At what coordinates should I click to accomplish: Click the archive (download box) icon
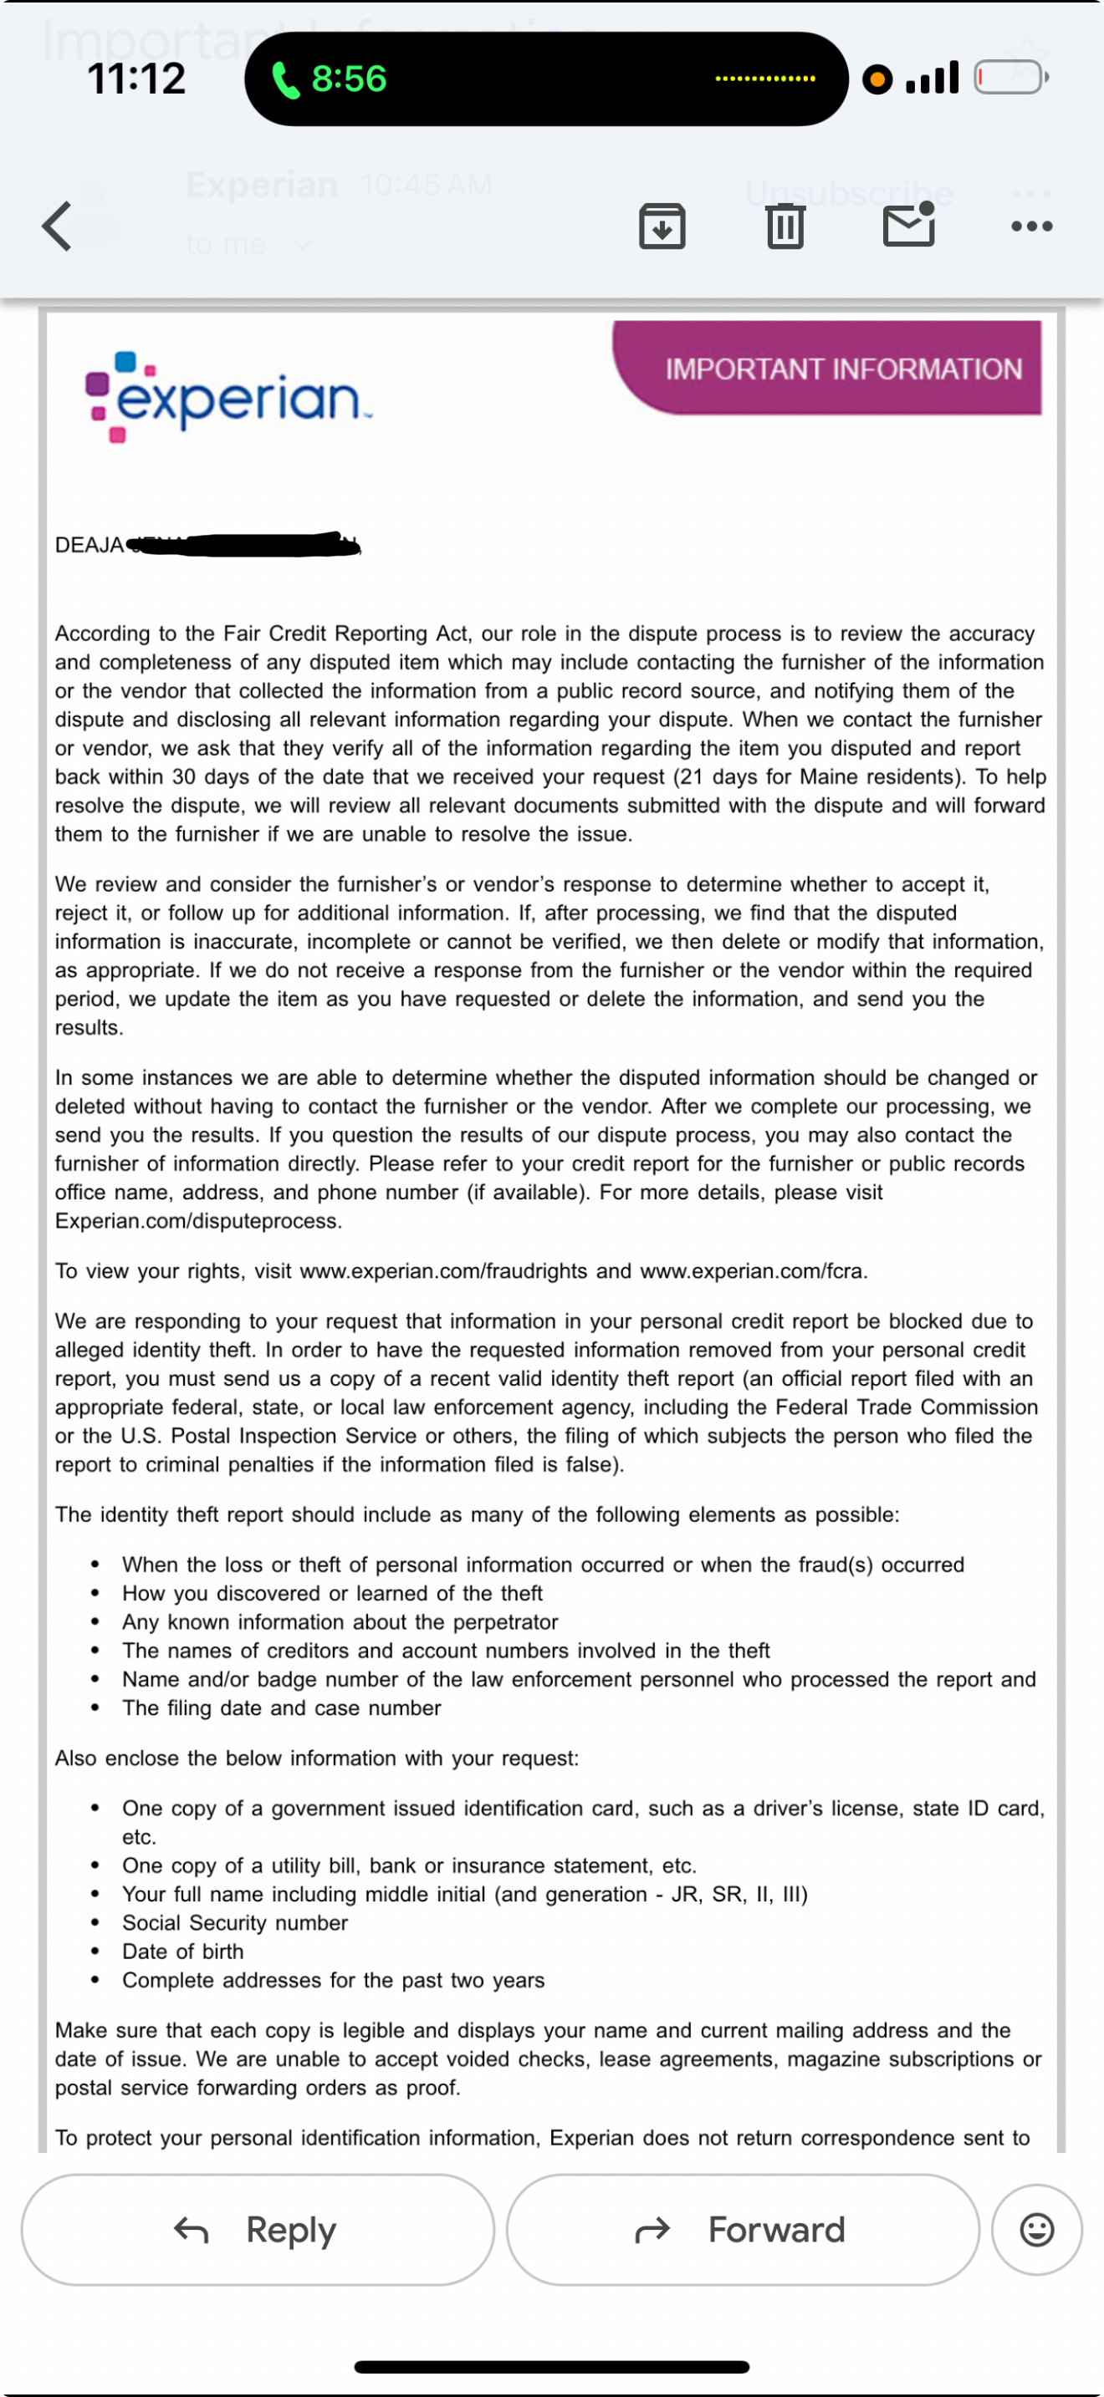(662, 226)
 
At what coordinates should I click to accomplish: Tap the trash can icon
(785, 226)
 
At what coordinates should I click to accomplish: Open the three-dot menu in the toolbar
(1031, 226)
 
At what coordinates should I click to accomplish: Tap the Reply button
(258, 2230)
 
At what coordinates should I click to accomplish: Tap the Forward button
(742, 2230)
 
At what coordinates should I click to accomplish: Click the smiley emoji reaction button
(1036, 2230)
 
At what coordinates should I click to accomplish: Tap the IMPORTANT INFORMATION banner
(842, 369)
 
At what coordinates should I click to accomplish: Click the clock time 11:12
(135, 79)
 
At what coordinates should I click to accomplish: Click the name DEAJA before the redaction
(89, 545)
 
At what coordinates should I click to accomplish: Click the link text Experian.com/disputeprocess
(197, 1221)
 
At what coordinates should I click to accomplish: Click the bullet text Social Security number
(234, 1922)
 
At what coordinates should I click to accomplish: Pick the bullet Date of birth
(182, 1952)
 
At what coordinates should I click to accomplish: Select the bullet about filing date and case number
(281, 1707)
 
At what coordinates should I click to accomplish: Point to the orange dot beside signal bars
(876, 79)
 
